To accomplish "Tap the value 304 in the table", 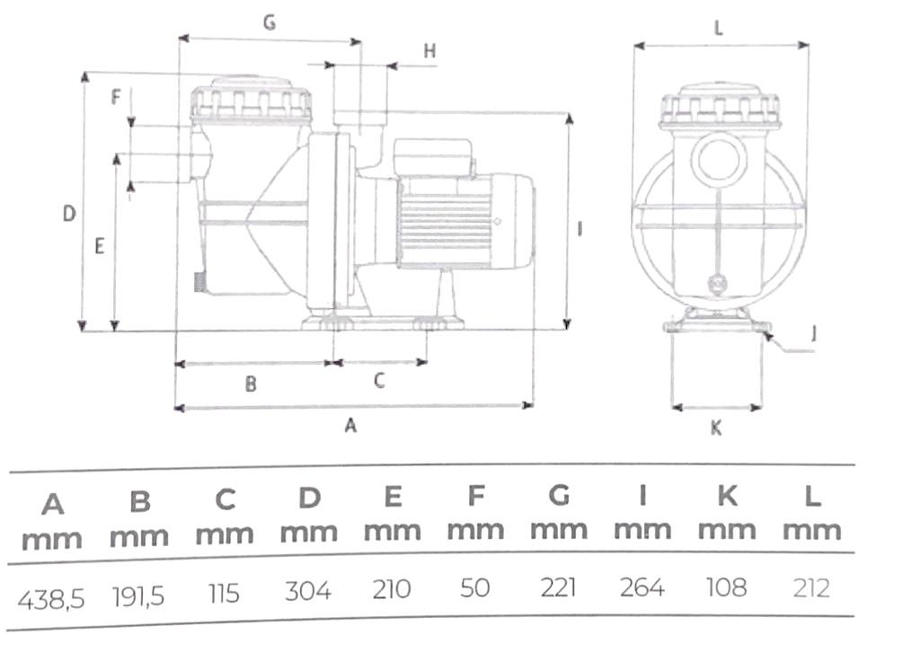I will tap(308, 591).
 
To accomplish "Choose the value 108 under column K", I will tap(726, 587).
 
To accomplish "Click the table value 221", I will tap(559, 588).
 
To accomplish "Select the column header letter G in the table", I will tap(559, 495).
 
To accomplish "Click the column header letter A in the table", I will tap(53, 504).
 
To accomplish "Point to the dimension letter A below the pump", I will tap(351, 426).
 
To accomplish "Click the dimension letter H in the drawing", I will tap(429, 51).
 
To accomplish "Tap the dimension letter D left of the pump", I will tap(69, 214).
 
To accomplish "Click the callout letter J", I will tap(813, 334).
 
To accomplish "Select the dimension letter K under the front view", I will tap(715, 428).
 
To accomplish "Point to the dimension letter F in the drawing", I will tap(115, 97).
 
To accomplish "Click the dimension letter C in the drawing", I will tap(379, 381).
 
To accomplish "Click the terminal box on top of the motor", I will tap(432, 158).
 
